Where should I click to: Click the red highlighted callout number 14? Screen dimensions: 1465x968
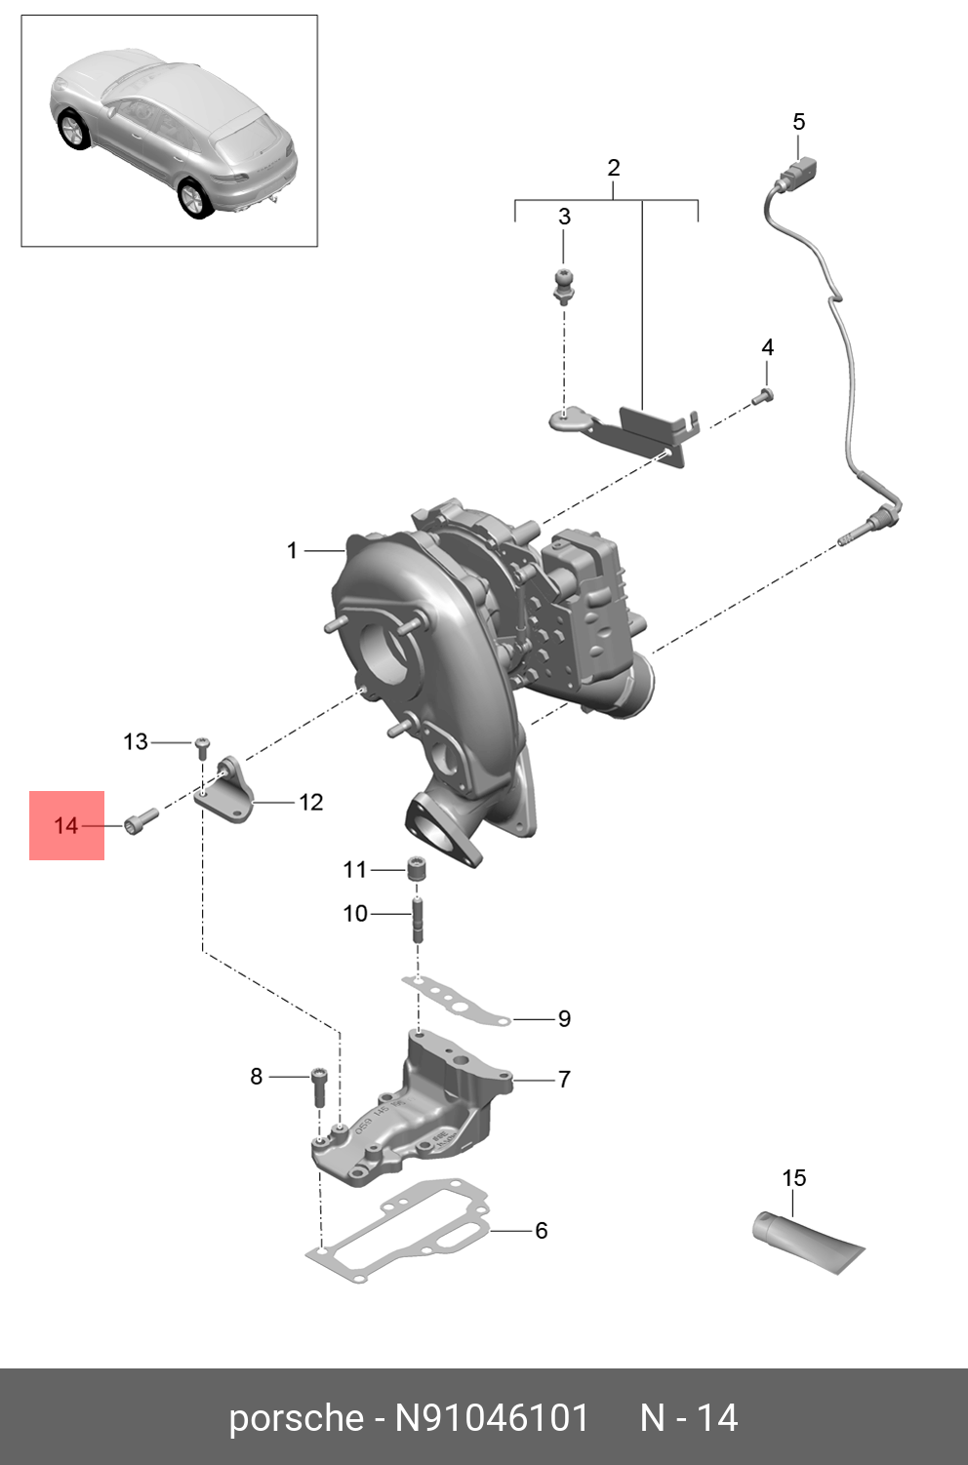(65, 825)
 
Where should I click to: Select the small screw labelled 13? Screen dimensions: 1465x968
(203, 746)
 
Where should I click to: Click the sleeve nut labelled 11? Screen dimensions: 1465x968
(418, 868)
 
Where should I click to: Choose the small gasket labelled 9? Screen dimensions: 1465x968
(454, 1002)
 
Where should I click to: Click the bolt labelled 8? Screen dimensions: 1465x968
(319, 1085)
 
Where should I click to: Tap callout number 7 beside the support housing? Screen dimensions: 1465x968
(563, 1079)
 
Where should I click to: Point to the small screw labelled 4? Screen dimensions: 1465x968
(764, 396)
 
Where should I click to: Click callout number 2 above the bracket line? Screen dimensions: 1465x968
(613, 168)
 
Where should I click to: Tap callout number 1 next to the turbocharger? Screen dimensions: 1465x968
(292, 551)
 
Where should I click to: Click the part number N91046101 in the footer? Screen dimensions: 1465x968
(492, 1417)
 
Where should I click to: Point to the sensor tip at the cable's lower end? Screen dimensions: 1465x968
(852, 535)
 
